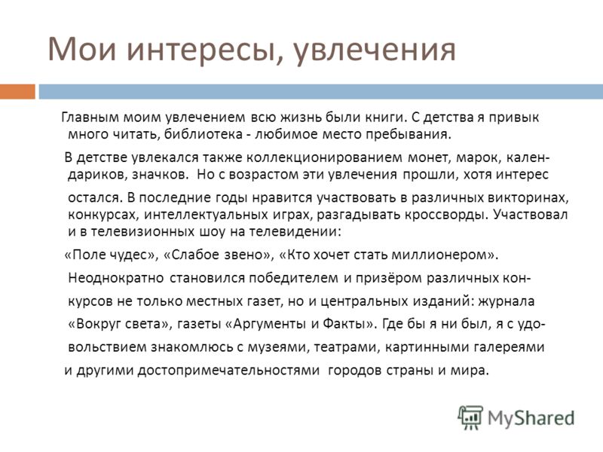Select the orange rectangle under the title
pos(17,91)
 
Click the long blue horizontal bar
pos(321,91)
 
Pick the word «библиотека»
pos(203,135)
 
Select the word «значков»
pos(161,175)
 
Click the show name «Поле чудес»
pos(109,255)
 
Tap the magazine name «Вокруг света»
pos(118,324)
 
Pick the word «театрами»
pos(347,348)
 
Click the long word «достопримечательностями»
pos(228,371)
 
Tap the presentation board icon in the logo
pos(470,417)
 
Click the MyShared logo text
pos(531,418)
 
